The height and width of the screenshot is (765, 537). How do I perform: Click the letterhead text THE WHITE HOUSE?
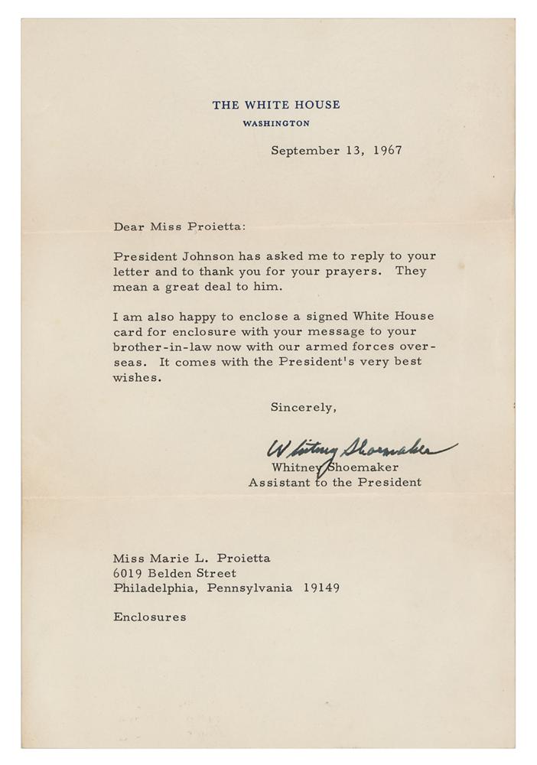point(276,105)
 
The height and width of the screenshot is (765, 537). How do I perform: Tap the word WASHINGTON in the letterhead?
point(276,122)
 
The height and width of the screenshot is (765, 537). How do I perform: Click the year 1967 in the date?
point(387,151)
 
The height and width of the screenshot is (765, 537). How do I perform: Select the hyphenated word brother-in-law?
point(162,347)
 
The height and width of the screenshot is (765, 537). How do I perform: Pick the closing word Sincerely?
point(303,408)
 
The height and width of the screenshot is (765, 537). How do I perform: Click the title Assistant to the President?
point(334,483)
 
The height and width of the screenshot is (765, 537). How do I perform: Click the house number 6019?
point(129,573)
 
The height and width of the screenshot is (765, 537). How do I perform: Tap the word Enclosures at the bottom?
point(149,617)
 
